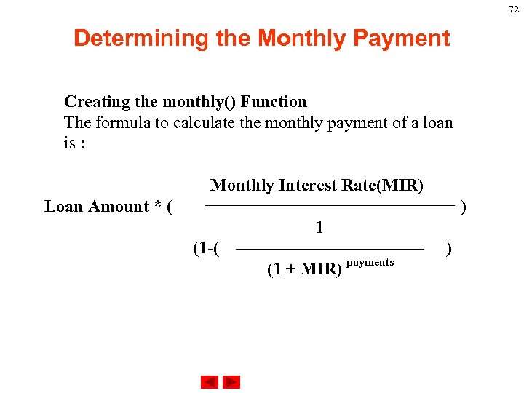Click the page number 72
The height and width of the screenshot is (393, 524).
pyautogui.click(x=514, y=9)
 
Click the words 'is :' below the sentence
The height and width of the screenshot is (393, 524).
pyautogui.click(x=74, y=143)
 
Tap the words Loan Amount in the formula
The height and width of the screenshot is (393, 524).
pyautogui.click(x=96, y=207)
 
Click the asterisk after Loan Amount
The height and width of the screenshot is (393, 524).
pyautogui.click(x=157, y=207)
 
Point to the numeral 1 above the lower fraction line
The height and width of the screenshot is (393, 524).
pyautogui.click(x=319, y=228)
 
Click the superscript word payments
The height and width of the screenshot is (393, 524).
pyautogui.click(x=370, y=262)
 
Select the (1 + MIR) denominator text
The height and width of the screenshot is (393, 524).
pyautogui.click(x=304, y=269)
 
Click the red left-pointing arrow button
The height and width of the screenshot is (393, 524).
pyautogui.click(x=210, y=382)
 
